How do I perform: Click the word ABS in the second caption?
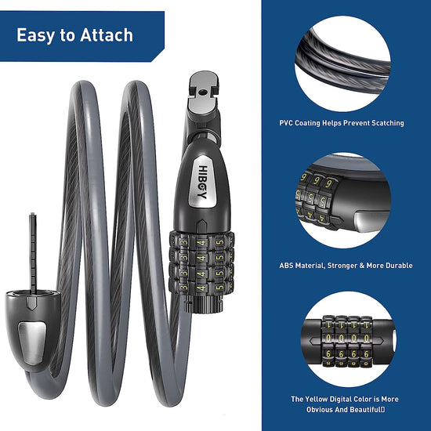[x=286, y=266]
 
